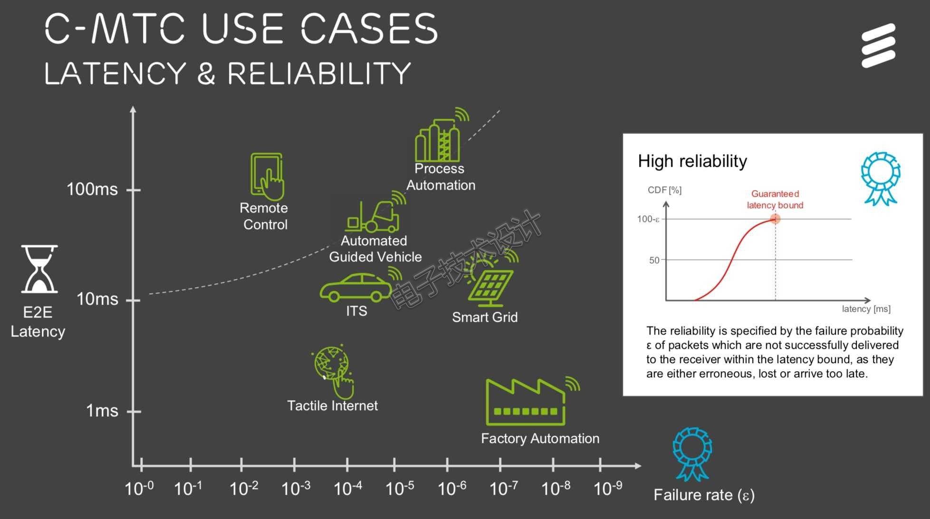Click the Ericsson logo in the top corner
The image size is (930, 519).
click(878, 45)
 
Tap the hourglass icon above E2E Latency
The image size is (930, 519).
click(39, 269)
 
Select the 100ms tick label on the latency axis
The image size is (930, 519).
click(92, 189)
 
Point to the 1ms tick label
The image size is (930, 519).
click(102, 410)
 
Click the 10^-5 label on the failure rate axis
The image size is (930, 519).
click(400, 488)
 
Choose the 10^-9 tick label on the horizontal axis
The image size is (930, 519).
click(608, 488)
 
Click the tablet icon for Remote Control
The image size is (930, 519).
click(267, 176)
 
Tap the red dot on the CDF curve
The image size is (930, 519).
click(775, 219)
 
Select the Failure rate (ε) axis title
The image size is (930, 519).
click(704, 495)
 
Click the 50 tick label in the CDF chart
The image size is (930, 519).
click(654, 260)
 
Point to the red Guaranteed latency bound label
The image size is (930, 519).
click(775, 200)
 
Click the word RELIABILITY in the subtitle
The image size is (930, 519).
click(319, 74)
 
